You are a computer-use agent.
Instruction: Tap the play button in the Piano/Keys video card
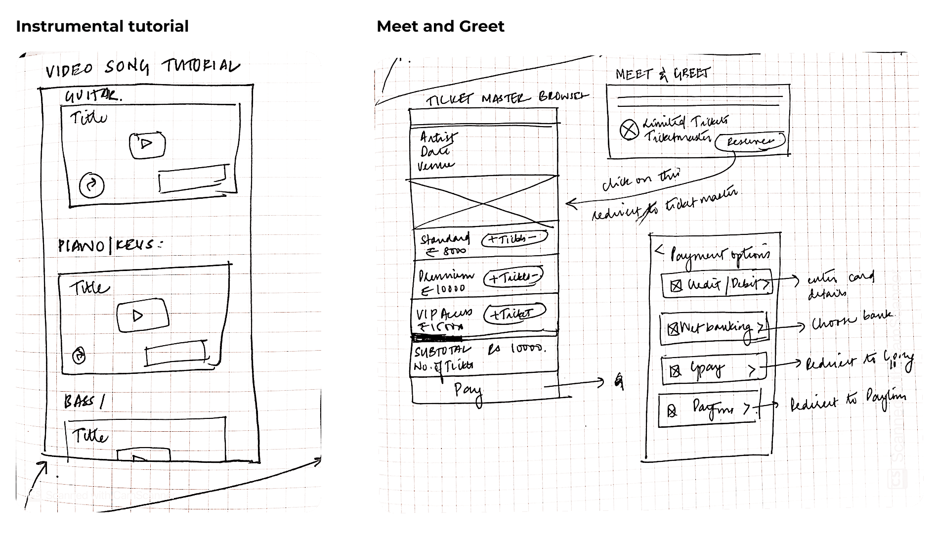[142, 316]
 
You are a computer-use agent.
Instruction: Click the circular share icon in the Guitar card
[92, 185]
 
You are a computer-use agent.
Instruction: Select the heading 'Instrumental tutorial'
[102, 26]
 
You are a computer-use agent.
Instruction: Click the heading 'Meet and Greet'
[440, 26]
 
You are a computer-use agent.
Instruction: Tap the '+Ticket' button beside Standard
[514, 239]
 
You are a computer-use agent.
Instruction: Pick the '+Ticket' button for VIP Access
[514, 314]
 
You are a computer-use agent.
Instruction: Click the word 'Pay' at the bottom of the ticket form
[468, 391]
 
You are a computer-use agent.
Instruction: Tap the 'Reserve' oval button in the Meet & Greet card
[750, 141]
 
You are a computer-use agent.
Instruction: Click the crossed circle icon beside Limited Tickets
[629, 130]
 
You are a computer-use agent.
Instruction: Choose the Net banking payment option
[714, 328]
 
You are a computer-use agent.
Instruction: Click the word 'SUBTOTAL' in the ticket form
[442, 352]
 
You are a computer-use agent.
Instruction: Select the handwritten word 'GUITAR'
[92, 95]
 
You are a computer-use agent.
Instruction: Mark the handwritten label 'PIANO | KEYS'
[110, 245]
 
